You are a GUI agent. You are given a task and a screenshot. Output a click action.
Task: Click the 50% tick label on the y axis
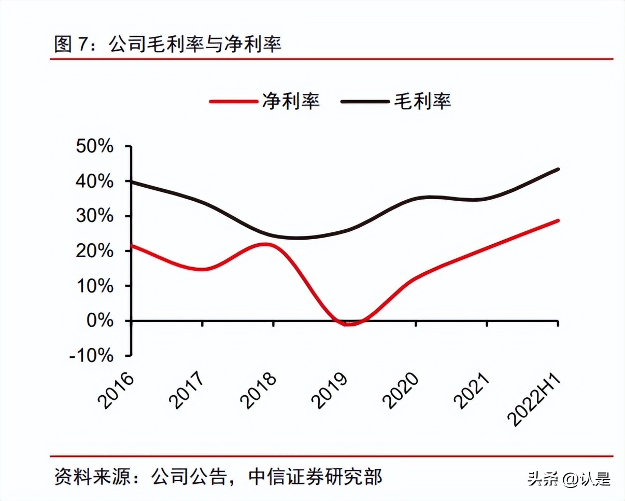pos(95,146)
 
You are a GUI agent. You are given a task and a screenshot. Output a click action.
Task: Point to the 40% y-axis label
pos(95,182)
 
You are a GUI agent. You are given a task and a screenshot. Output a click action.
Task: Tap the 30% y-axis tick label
pos(95,216)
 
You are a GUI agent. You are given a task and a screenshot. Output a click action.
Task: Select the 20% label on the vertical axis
pos(95,251)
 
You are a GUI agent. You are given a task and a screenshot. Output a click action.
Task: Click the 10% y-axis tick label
pos(95,286)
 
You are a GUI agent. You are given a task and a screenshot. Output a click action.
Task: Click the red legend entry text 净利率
pos(291,100)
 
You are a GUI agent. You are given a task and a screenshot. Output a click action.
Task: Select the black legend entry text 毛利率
pos(422,100)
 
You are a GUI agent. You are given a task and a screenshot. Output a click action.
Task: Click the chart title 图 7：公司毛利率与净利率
pos(167,45)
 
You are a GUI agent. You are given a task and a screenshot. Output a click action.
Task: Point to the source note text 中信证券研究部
pos(315,477)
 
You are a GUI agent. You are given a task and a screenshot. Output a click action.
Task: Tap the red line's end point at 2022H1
pos(558,220)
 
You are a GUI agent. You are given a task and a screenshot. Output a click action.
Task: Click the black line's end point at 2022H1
pos(558,169)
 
